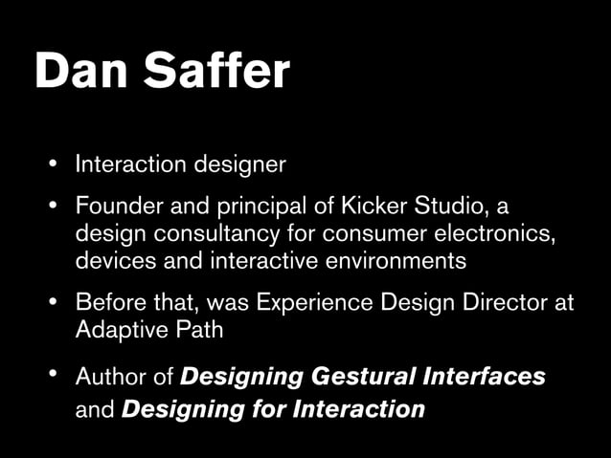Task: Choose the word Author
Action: (x=111, y=377)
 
